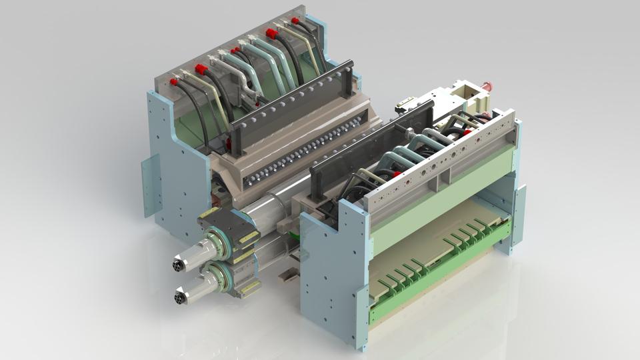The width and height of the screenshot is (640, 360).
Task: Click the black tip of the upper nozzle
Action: coord(178,266)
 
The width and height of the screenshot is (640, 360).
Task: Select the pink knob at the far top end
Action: coord(487,87)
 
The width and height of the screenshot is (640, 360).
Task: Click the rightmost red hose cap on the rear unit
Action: coord(295,21)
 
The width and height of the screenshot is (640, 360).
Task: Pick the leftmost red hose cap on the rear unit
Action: coord(174,82)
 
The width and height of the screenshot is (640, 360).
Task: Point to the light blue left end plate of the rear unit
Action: coord(177,167)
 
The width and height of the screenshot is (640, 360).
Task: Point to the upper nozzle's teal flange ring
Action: coord(217,243)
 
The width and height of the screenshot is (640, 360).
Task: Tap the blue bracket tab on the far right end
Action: coord(518,213)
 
